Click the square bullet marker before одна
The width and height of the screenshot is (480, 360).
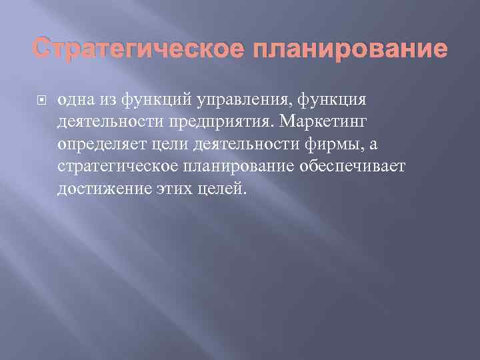[x=43, y=99]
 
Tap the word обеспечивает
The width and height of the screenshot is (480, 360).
[x=354, y=167]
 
